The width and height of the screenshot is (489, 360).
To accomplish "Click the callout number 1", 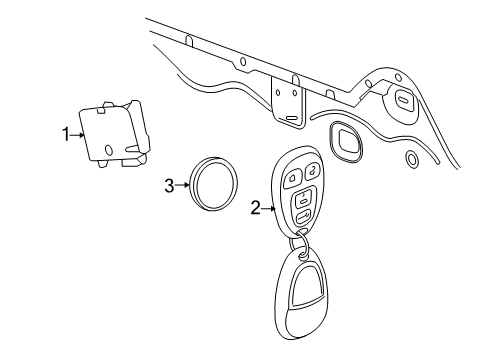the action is [66, 134].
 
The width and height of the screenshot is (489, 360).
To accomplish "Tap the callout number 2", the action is [255, 207].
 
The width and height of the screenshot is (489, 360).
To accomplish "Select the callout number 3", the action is [169, 183].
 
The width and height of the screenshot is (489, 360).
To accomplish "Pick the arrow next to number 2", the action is [267, 207].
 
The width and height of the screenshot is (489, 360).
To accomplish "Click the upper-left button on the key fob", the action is [293, 179].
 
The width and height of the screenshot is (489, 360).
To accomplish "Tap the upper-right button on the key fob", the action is [312, 170].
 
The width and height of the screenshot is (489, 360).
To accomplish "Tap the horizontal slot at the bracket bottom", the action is [291, 117].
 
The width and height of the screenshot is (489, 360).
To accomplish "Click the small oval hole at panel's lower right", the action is [411, 158].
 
